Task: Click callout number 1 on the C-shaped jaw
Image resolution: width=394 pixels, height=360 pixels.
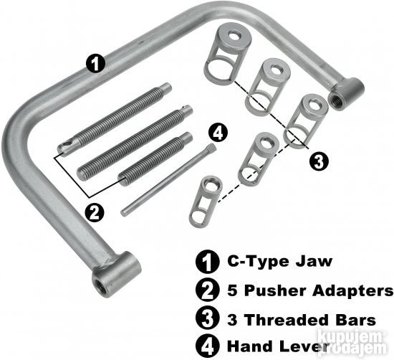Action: [x=96, y=63]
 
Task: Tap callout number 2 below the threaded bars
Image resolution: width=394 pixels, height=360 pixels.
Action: [x=95, y=213]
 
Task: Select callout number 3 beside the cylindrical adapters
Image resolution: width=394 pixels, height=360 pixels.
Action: [x=319, y=161]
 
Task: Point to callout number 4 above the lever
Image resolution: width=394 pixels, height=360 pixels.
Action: [x=218, y=133]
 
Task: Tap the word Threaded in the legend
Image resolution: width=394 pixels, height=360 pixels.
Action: [x=287, y=321]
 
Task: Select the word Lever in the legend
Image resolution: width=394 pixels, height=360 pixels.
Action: [x=304, y=346]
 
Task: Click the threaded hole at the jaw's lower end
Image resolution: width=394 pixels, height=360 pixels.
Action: [x=102, y=288]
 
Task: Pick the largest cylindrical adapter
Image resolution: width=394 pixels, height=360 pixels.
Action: [x=228, y=52]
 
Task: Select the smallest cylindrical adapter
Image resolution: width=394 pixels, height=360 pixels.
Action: [x=206, y=202]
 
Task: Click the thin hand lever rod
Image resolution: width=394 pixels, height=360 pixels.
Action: [x=168, y=180]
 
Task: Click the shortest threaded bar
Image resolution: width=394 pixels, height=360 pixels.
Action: [x=155, y=159]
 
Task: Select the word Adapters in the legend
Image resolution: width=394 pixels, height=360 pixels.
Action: [x=353, y=291]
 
